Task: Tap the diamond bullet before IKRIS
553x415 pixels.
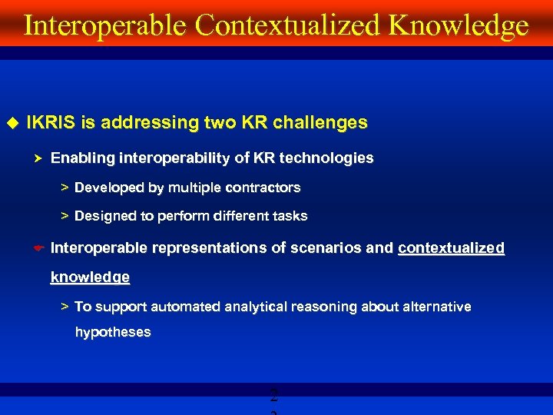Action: (12, 122)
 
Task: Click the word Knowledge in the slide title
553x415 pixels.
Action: (459, 25)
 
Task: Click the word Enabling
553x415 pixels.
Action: (81, 158)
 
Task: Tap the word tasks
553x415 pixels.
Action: (290, 216)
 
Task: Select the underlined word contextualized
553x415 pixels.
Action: (451, 247)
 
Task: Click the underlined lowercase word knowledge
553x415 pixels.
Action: (90, 277)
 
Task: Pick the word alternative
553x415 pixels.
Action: (435, 307)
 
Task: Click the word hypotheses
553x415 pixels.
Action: (113, 333)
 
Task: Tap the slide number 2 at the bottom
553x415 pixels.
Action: (274, 397)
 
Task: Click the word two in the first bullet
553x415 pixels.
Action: (219, 122)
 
